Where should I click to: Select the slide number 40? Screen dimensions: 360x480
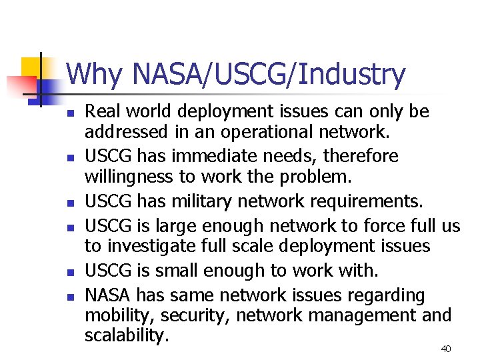[446, 349]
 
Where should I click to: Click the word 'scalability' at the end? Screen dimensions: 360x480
[123, 335]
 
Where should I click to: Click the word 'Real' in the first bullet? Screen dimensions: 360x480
[101, 111]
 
